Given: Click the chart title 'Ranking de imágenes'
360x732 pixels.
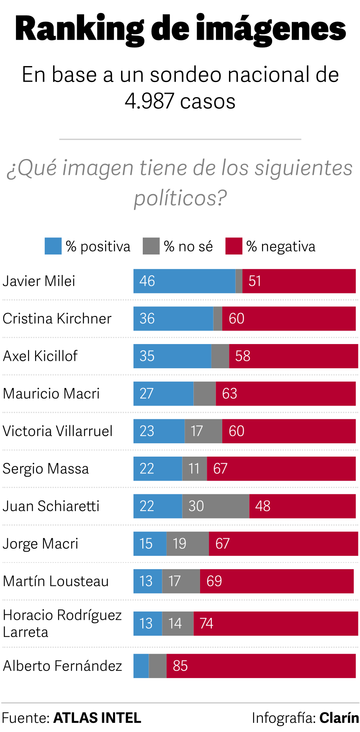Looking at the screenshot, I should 180,28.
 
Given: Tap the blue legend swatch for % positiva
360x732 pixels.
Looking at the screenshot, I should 53,246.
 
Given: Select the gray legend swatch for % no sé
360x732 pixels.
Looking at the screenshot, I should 151,246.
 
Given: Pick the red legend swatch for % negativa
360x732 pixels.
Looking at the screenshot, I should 234,246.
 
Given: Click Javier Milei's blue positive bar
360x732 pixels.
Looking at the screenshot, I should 184,281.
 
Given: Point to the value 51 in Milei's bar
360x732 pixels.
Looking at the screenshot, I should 255,281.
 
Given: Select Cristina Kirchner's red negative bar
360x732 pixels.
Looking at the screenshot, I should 289,318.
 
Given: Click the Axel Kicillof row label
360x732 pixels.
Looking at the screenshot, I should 40,356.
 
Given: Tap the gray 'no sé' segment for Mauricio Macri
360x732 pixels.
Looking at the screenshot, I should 205,393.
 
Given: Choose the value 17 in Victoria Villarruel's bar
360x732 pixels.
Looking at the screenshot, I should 197,431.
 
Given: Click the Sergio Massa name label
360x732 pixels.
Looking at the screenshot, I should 46,469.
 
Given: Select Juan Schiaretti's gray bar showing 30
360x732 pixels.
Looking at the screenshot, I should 216,506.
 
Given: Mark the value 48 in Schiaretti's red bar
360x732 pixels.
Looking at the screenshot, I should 263,506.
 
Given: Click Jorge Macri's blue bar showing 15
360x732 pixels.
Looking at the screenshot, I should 149,544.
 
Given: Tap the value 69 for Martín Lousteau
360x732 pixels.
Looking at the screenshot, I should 214,581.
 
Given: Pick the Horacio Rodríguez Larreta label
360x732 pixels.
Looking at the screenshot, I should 62,623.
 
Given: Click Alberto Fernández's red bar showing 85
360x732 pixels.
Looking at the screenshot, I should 261,666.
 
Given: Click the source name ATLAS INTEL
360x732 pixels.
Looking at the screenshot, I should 97,718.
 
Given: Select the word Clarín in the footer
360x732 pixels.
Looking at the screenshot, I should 339,718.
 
